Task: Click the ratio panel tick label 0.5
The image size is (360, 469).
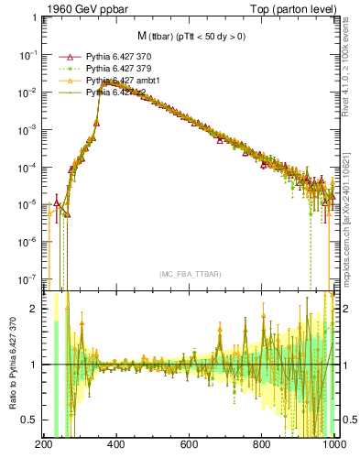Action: click(x=30, y=420)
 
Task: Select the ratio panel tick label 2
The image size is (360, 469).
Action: click(x=35, y=309)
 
